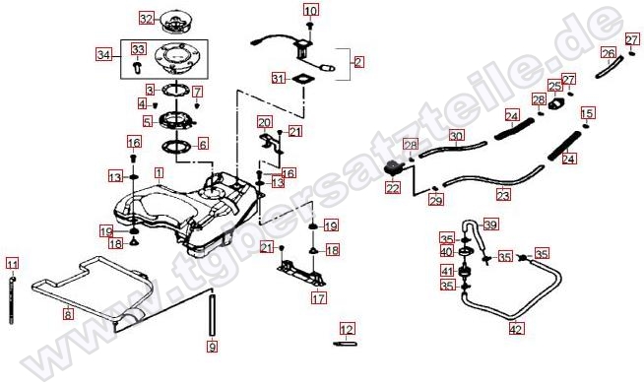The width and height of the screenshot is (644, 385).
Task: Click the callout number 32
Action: [147, 19]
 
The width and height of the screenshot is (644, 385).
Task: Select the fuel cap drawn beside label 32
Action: [176, 22]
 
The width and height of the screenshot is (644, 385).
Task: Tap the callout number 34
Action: [103, 54]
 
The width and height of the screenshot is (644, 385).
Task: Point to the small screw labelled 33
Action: [137, 67]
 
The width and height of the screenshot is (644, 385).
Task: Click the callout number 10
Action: [311, 10]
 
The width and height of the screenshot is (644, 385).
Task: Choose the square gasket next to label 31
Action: [303, 78]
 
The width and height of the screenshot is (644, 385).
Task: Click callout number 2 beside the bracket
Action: [358, 62]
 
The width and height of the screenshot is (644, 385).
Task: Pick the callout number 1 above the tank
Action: [159, 173]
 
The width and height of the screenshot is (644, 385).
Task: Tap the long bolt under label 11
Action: [12, 300]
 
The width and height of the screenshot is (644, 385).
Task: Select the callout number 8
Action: [68, 314]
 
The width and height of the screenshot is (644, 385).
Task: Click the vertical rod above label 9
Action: [212, 314]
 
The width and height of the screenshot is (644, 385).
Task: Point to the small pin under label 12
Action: [346, 343]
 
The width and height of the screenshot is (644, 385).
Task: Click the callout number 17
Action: [319, 297]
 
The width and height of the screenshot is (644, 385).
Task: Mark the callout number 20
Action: [265, 122]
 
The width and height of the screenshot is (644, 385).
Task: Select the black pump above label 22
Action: [394, 168]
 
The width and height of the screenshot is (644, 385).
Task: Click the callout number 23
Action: [503, 194]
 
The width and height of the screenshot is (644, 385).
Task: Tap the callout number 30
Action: [456, 136]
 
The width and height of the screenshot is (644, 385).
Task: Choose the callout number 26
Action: [609, 53]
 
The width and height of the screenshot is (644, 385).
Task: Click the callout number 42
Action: [516, 329]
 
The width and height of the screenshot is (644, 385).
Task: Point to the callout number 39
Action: [490, 225]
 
